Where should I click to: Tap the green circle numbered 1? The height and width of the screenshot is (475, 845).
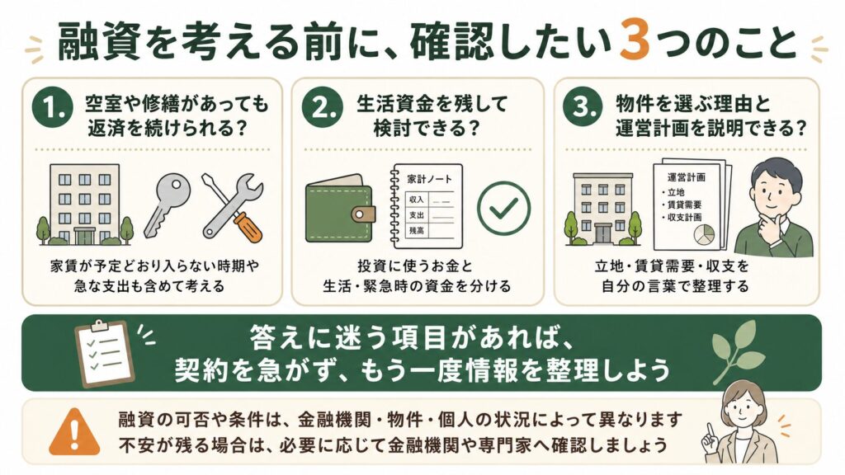pos(52,107)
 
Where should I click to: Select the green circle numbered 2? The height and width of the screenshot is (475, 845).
pos(323,107)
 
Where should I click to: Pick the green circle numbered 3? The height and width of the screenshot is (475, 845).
pos(583,106)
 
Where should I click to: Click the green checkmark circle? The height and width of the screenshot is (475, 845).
pos(504,209)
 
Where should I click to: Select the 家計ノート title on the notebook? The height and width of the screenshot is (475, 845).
pos(429,179)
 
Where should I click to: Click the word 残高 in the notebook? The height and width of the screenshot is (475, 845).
pos(416,231)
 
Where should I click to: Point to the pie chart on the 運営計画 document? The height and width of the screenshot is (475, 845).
pos(705,234)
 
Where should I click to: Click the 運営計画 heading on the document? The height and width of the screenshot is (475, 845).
pos(686,176)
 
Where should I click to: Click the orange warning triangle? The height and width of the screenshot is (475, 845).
pos(74,432)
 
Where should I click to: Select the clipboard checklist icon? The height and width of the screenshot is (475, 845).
pos(104,353)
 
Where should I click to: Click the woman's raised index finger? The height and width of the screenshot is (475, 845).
pos(711,431)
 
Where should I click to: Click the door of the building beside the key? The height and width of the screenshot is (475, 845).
pos(85,235)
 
